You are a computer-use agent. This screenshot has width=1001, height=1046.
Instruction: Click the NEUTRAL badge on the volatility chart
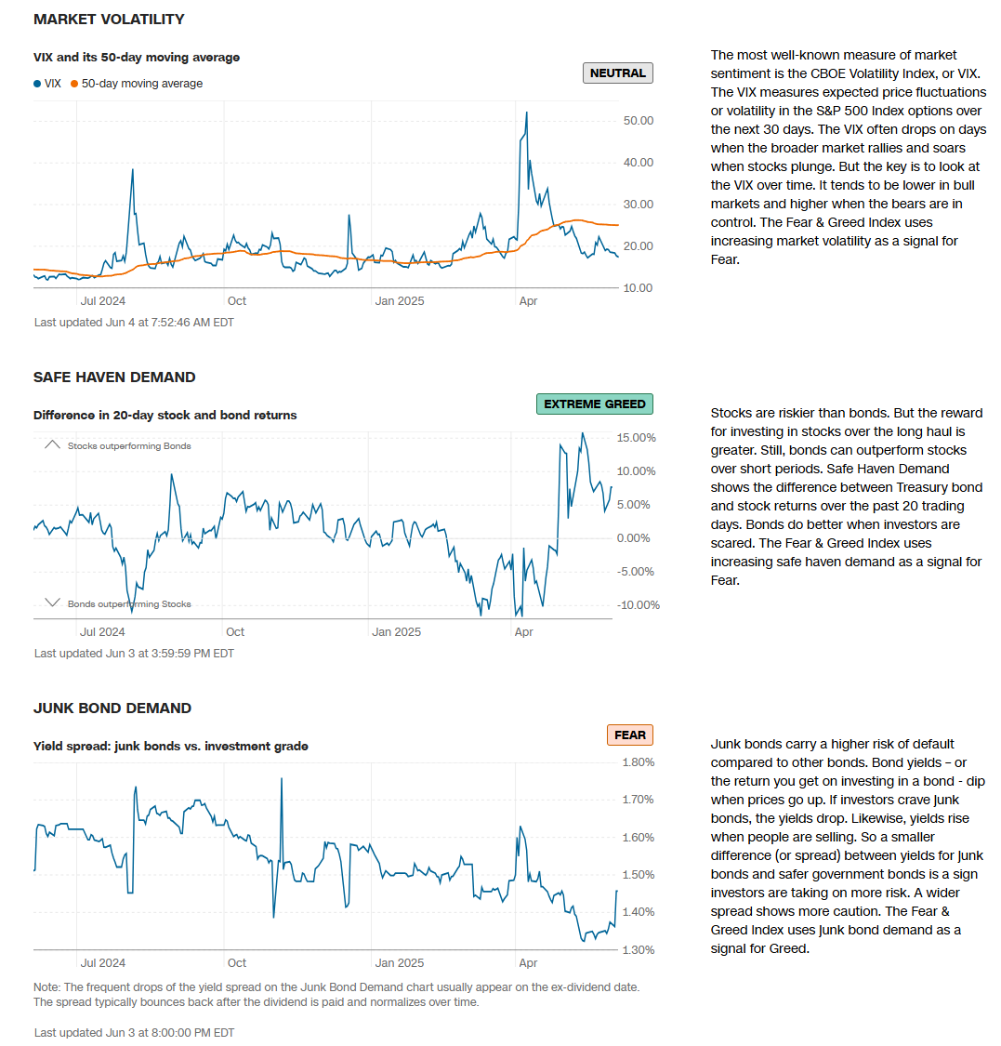[617, 73]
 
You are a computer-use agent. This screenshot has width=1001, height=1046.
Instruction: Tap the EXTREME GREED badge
[595, 404]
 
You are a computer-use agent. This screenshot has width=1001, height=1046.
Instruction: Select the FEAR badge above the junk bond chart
[629, 735]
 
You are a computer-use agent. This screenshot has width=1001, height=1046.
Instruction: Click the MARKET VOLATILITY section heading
[109, 19]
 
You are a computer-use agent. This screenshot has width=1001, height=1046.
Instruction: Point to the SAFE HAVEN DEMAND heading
[114, 377]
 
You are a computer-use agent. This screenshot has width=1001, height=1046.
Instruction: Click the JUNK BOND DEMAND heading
[112, 708]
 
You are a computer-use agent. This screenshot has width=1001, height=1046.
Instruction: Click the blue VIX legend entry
[47, 84]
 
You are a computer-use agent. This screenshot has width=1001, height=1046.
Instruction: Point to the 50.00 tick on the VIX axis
[638, 121]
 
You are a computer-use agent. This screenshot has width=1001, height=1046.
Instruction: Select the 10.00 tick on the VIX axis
[638, 287]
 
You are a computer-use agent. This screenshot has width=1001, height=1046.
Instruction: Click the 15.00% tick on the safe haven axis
[637, 438]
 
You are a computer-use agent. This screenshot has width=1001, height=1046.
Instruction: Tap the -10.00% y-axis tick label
[639, 605]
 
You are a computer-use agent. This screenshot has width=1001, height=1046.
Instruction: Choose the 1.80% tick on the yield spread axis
[637, 762]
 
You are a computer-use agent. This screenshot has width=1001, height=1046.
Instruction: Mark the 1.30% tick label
[637, 949]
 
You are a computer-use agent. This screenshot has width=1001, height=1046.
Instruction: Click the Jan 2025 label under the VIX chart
[399, 300]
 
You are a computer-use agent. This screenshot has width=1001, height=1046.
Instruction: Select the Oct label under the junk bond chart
[237, 962]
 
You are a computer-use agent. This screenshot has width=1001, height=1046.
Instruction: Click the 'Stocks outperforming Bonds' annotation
[129, 446]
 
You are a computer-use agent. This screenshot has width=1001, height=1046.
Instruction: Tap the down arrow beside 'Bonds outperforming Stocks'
[52, 603]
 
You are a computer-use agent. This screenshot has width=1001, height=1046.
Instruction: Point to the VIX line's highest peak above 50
[526, 113]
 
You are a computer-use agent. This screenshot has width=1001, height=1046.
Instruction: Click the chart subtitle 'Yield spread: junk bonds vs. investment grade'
[171, 746]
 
